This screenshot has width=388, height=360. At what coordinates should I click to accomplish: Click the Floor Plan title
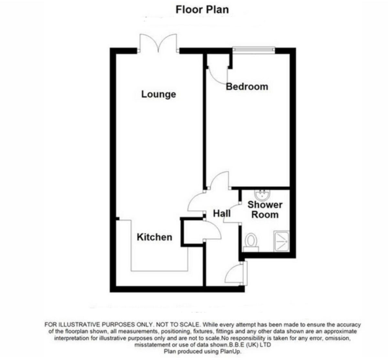[202, 9]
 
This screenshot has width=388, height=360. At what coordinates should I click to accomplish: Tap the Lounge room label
[158, 94]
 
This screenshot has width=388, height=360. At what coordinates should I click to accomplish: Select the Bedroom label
[247, 86]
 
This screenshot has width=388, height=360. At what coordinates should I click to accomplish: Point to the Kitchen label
[154, 237]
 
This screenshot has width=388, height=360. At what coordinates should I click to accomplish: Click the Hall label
[222, 213]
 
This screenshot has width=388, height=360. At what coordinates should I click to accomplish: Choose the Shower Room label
[265, 209]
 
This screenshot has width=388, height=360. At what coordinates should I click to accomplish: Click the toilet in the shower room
[251, 242]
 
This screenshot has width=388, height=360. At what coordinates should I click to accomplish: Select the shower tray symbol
[282, 241]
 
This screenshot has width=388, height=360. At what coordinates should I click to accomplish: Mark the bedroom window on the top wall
[254, 50]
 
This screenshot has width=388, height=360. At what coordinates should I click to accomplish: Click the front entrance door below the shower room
[235, 275]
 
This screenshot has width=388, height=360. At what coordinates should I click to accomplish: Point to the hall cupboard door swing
[213, 230]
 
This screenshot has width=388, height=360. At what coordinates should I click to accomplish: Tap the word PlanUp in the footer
[231, 351]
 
